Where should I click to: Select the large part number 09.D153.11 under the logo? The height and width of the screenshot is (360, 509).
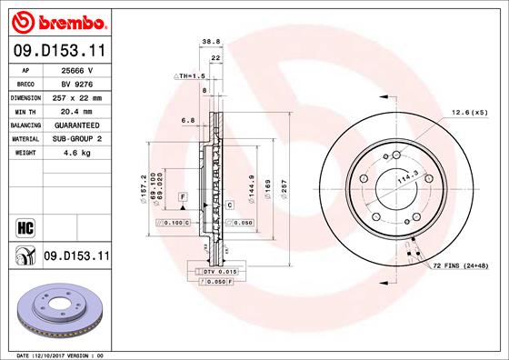coord(59,50)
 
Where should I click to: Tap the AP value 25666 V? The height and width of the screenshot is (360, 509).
coord(77,70)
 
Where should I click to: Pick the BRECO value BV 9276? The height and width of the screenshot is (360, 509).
coord(77,85)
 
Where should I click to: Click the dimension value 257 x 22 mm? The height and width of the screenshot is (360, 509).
coord(77,98)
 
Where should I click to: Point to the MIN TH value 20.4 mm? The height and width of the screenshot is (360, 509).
coord(76,112)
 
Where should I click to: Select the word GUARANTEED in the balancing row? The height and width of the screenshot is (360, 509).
coord(77,125)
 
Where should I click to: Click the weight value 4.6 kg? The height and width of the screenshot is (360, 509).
coord(77,153)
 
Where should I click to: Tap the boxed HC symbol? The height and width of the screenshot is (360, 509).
coord(25,227)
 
